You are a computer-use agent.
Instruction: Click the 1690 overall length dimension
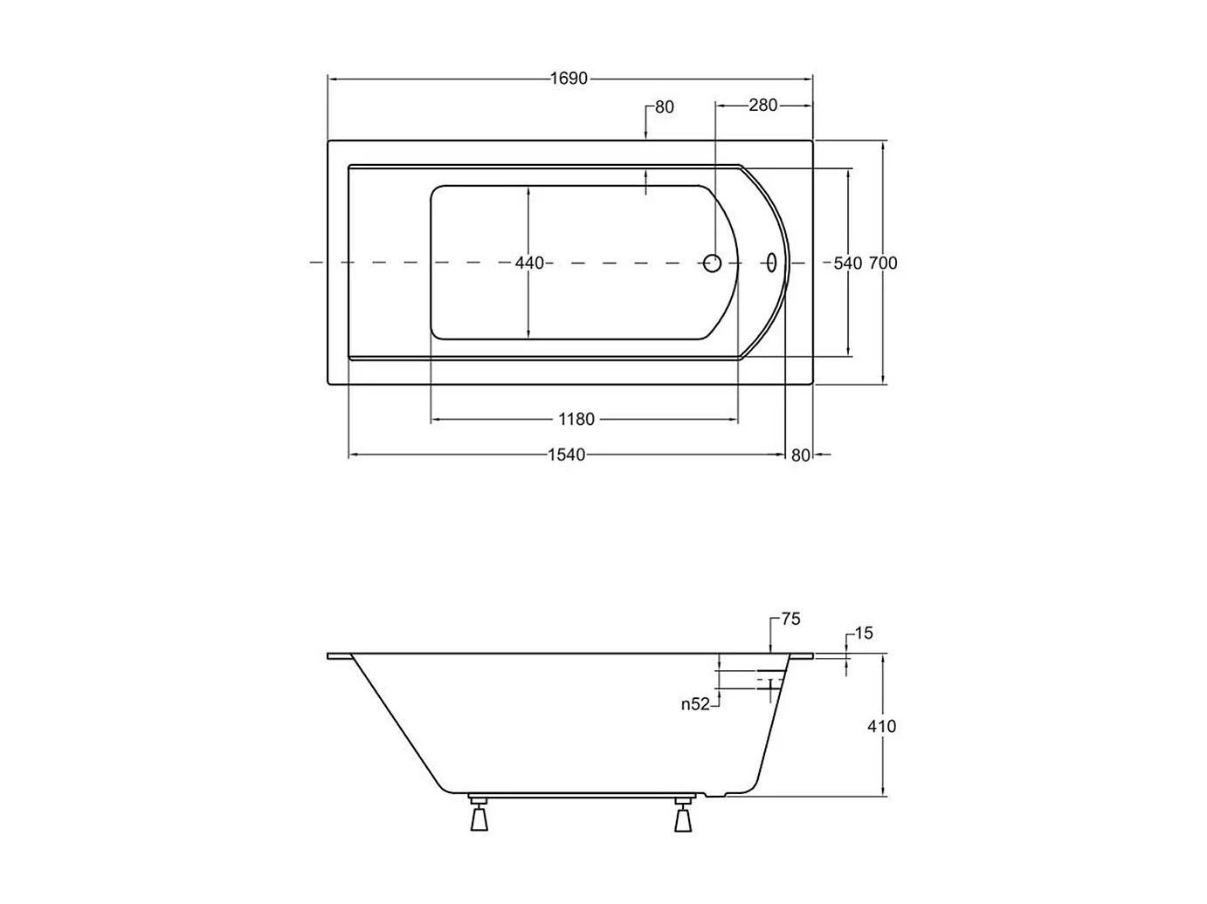[x=569, y=79]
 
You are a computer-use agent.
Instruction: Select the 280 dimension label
[x=762, y=105]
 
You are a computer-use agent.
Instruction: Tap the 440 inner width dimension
[x=529, y=263]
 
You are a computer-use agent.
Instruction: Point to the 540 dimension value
[x=847, y=263]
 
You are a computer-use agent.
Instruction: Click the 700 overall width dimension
[x=883, y=263]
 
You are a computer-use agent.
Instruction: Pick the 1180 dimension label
[x=576, y=419]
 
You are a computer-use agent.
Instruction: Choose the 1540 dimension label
[x=567, y=455]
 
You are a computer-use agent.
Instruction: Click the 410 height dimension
[x=881, y=726]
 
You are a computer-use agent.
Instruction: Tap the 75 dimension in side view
[x=790, y=619]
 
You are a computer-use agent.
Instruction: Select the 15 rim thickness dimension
[x=864, y=633]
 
